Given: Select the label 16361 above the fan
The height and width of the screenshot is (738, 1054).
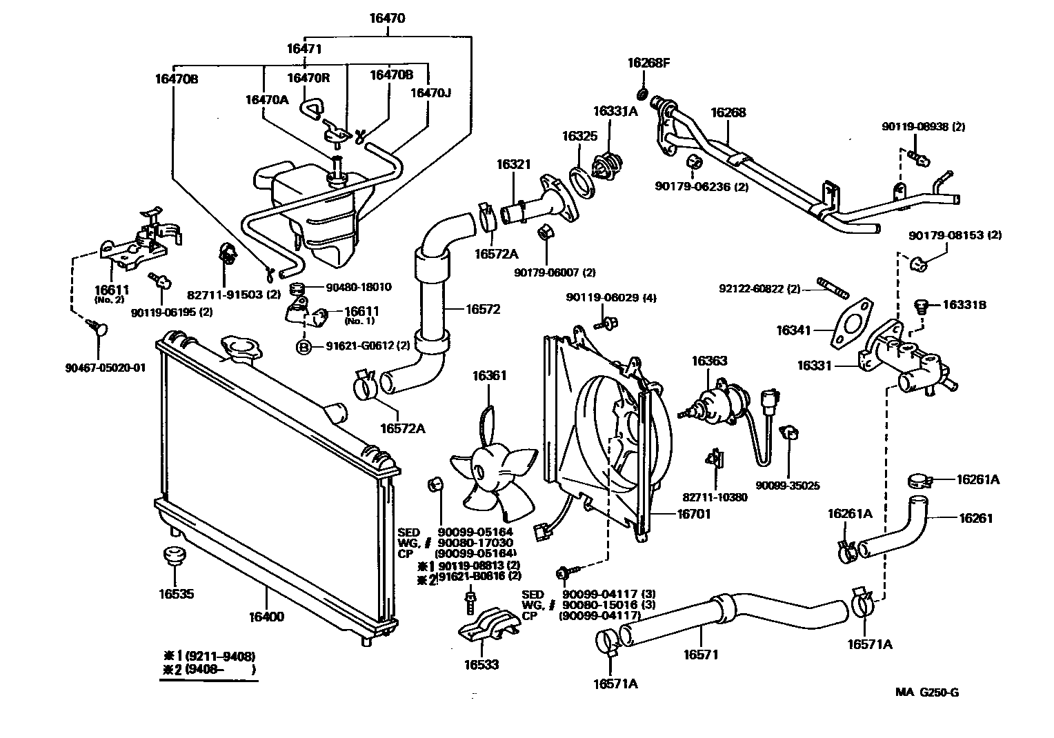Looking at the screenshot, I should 489,376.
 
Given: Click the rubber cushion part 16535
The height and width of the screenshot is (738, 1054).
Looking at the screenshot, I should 174,555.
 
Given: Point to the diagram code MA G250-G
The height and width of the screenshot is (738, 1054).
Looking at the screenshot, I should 927,692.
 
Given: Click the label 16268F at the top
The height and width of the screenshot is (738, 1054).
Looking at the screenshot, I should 648,63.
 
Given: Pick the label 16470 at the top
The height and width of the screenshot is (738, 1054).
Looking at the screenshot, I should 387,19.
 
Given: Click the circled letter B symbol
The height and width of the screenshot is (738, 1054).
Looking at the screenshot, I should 303,347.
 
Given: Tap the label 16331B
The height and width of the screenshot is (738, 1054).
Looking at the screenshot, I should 964,304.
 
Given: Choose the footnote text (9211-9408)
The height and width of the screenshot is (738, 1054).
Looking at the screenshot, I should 213,655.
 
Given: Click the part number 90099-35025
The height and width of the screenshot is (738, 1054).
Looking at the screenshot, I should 787,486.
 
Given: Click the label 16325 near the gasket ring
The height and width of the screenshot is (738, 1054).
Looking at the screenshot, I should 579,136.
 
